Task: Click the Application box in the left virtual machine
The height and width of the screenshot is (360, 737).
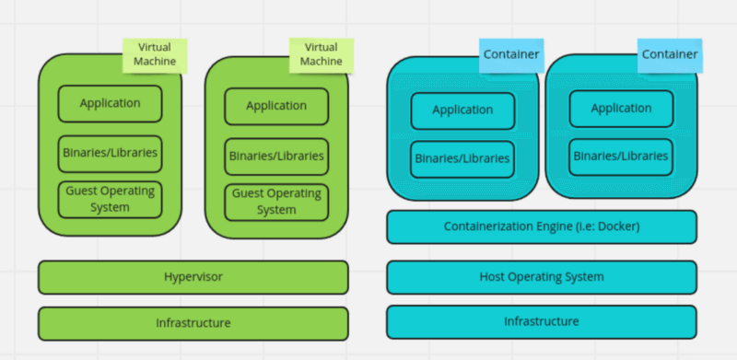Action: click(x=110, y=103)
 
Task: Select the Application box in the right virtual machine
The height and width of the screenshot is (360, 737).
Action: click(x=276, y=106)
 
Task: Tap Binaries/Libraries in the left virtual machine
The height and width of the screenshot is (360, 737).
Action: click(x=110, y=153)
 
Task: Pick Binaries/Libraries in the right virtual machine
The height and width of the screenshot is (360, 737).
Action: click(x=276, y=156)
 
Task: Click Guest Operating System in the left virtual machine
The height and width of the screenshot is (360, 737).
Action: click(x=110, y=199)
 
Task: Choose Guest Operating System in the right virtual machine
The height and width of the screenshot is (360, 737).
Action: click(x=276, y=202)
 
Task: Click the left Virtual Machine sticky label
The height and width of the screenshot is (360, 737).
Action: click(x=155, y=54)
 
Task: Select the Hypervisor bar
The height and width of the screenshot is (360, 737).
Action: click(x=193, y=276)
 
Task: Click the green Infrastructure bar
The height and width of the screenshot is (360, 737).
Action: click(x=193, y=323)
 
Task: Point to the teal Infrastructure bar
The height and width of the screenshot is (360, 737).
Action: click(x=542, y=321)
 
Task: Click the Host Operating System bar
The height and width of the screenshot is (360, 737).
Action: click(x=542, y=276)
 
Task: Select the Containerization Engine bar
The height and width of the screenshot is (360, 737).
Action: click(x=542, y=226)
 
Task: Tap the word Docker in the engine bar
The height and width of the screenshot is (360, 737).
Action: click(x=617, y=226)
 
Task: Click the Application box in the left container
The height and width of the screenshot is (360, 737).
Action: click(x=462, y=110)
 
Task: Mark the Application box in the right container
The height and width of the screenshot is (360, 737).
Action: click(x=621, y=108)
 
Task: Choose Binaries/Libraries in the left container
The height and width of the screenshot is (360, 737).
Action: click(x=462, y=158)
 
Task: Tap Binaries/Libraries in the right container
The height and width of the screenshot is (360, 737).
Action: click(x=621, y=157)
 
